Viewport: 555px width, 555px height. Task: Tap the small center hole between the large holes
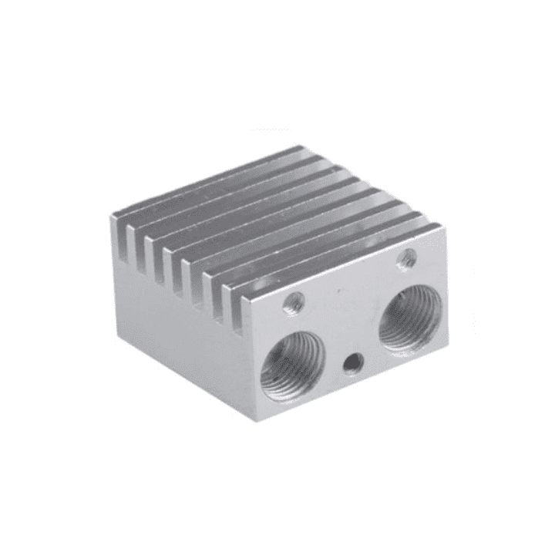click(x=353, y=361)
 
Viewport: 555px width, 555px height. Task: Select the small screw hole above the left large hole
click(x=293, y=303)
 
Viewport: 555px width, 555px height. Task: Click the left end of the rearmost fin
click(x=116, y=219)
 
